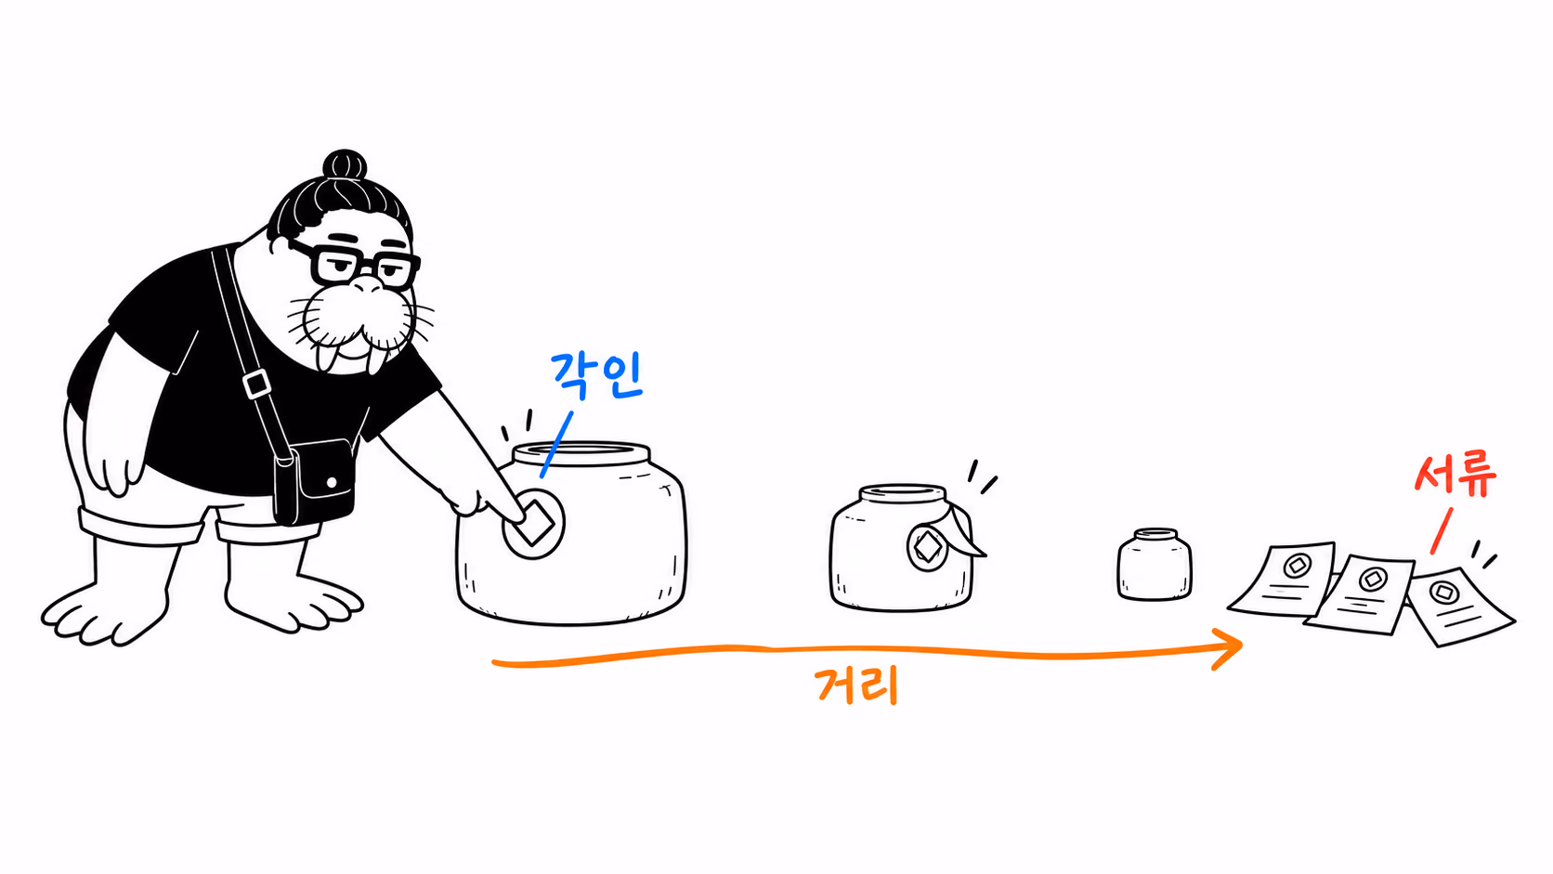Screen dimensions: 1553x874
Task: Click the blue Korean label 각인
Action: coord(597,375)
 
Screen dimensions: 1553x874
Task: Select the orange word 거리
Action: coord(857,685)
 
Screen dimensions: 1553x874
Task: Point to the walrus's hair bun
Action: coord(345,165)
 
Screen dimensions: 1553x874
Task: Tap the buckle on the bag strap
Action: coord(256,384)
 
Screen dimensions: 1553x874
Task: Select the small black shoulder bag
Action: coord(314,482)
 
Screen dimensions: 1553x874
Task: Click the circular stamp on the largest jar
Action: coord(533,524)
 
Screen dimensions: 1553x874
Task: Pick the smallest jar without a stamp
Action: coord(1155,564)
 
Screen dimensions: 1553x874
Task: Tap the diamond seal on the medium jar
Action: coord(928,548)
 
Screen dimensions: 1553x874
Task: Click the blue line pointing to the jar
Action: coord(556,444)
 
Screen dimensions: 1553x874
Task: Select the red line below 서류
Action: coord(1442,531)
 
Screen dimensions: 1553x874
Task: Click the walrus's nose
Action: coord(367,285)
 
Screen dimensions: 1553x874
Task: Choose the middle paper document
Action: coord(1360,594)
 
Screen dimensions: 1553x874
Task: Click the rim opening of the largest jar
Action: coord(581,452)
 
